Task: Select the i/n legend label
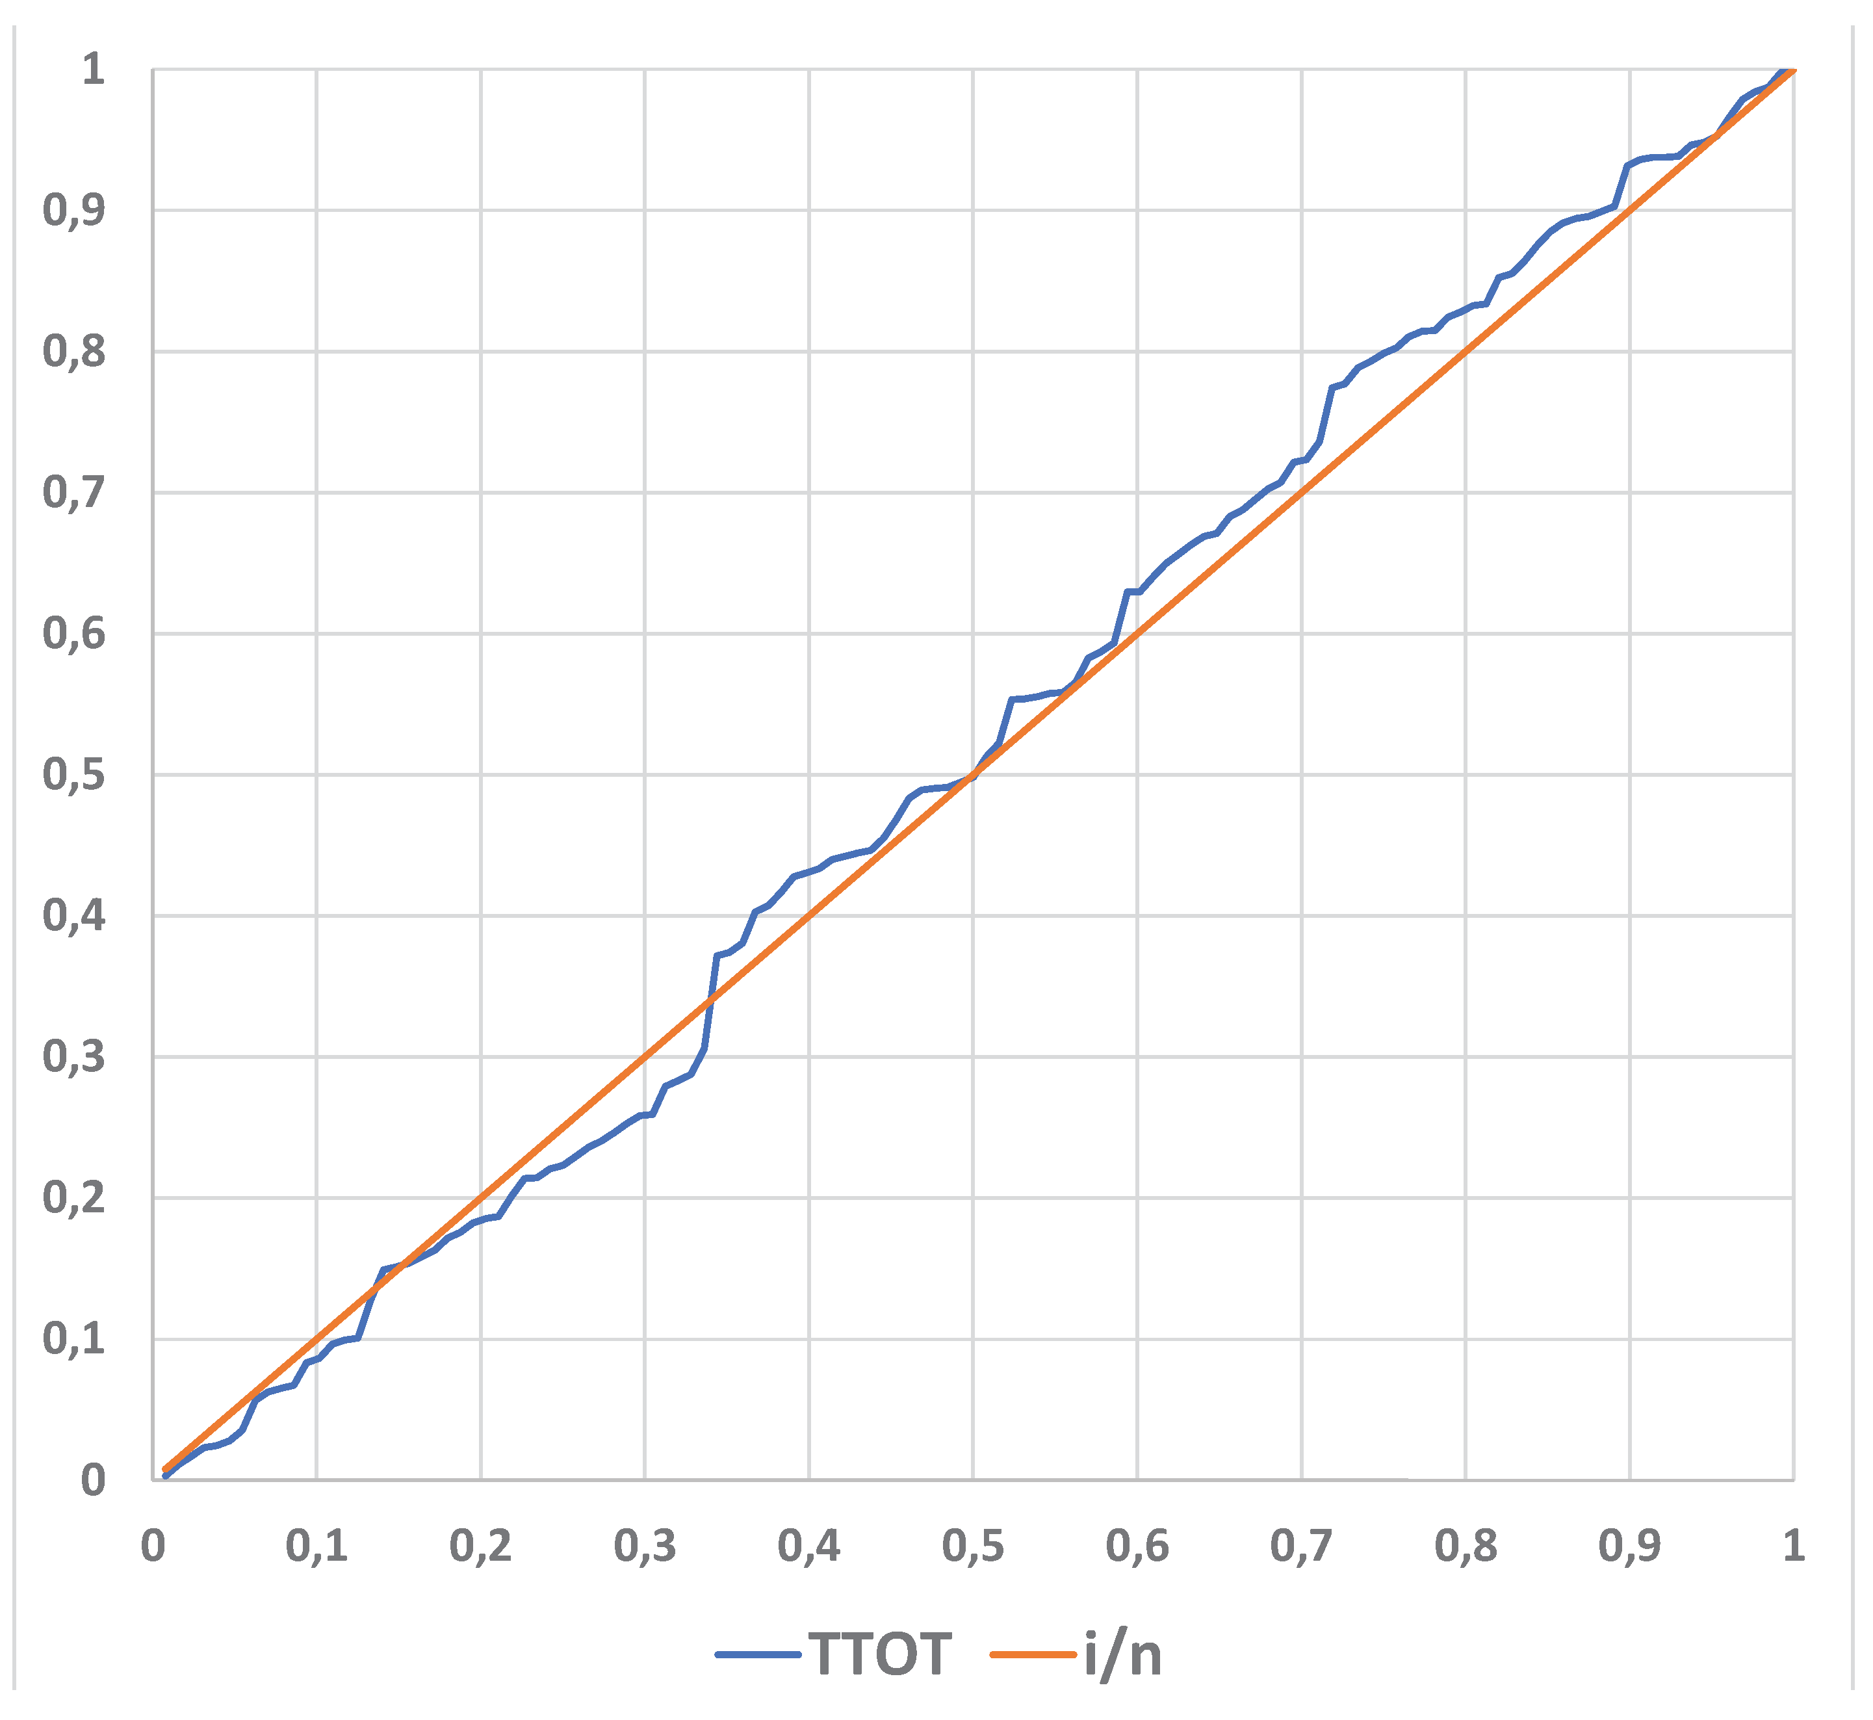[1123, 1654]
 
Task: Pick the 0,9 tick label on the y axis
[75, 211]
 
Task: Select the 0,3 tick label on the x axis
[644, 1546]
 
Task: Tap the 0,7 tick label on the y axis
[75, 492]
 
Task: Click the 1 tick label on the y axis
[93, 70]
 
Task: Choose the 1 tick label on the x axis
[1793, 1546]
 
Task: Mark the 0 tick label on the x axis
[153, 1546]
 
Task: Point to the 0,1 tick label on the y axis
[75, 1339]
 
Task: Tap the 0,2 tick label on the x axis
[480, 1546]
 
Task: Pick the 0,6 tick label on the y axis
[75, 634]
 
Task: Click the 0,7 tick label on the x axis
[1301, 1546]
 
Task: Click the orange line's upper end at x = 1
[1792, 71]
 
